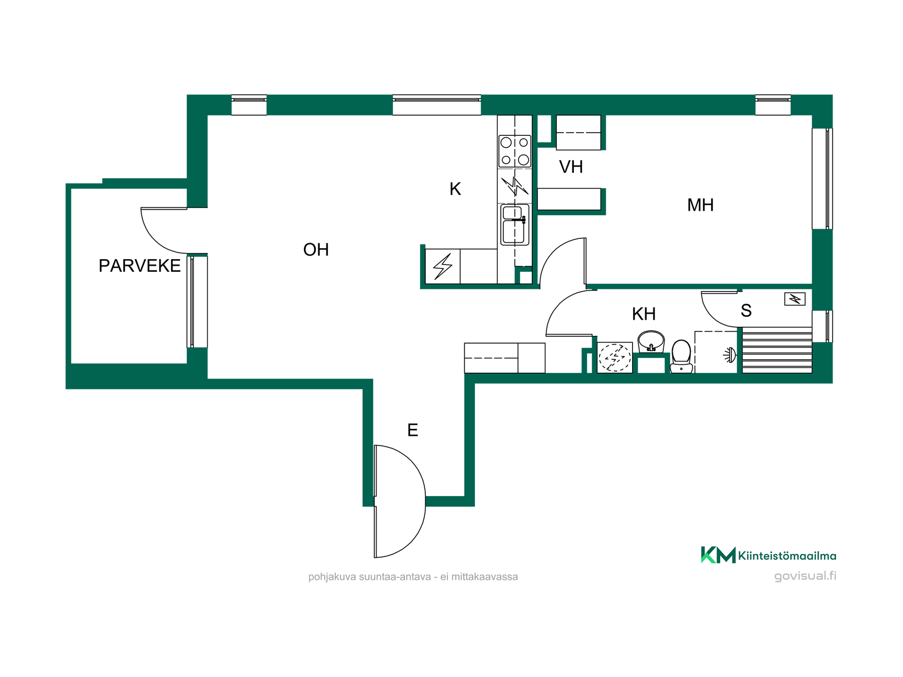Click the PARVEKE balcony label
pos(139,266)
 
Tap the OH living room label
pos(316,250)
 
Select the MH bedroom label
pos(700,205)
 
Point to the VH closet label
pos(571,167)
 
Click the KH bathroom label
pos(643,314)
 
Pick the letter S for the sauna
pos(746,310)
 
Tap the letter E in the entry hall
pos(412,430)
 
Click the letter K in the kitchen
pos(455,189)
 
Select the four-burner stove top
pos(515,151)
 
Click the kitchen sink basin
pos(515,225)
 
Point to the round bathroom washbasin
pos(651,341)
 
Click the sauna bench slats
pos(777,350)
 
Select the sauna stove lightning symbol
pos(795,299)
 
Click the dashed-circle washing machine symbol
pos(614,358)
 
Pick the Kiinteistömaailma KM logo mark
pos(718,555)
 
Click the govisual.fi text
pos(805,576)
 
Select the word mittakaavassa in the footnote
pos(484,577)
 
